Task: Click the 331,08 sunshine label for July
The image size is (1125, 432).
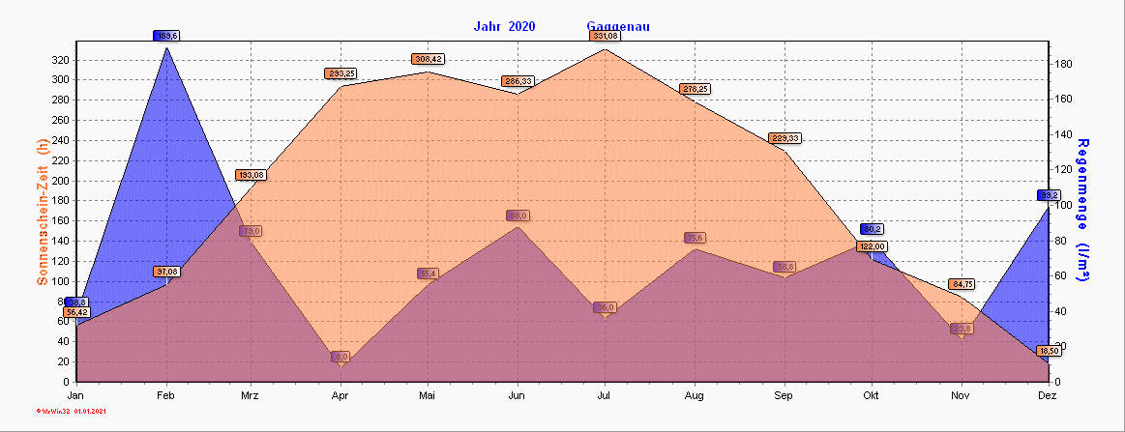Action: pos(605,36)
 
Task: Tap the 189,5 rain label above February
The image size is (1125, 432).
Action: pos(166,36)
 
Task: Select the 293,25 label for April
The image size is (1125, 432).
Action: pos(340,73)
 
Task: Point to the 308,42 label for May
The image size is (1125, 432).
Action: pos(429,59)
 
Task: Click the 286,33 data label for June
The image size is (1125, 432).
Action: pos(518,81)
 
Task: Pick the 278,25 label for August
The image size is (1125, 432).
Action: pos(695,89)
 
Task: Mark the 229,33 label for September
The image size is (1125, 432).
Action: pos(784,138)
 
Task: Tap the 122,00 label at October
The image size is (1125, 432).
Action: pos(873,246)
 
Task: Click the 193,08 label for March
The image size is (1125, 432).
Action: pos(250,175)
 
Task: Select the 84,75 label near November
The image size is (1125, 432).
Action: pos(962,284)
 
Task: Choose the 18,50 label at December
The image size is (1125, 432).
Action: pos(1049,350)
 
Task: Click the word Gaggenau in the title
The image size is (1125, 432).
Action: pos(618,26)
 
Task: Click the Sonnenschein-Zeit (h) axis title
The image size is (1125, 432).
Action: pos(43,212)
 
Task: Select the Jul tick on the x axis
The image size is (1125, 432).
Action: pos(605,396)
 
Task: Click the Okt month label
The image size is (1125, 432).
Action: pos(872,396)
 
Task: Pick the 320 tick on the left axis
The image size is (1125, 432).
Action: pos(61,60)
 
